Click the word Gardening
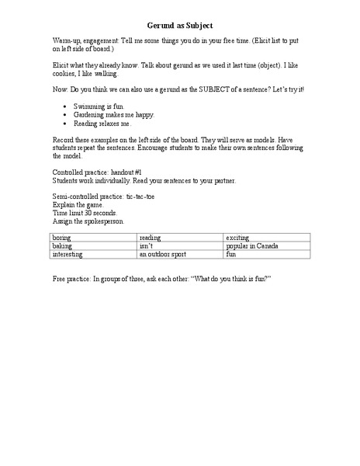point(90,114)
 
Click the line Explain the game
point(76,205)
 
